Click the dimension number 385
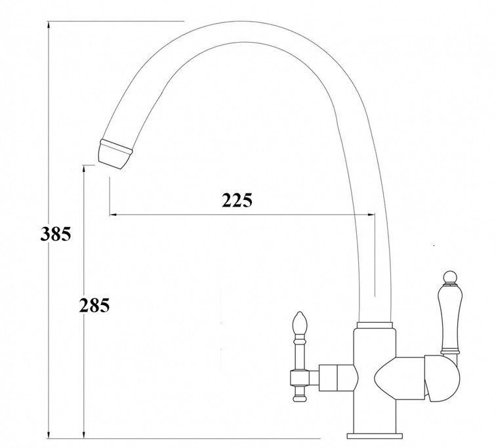click(x=56, y=234)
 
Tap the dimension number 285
click(x=94, y=306)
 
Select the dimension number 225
click(x=238, y=200)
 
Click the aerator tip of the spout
click(x=115, y=155)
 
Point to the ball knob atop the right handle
click(x=450, y=277)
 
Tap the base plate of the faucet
click(x=375, y=436)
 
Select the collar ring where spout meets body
click(x=375, y=325)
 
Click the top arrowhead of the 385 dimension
click(x=49, y=26)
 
